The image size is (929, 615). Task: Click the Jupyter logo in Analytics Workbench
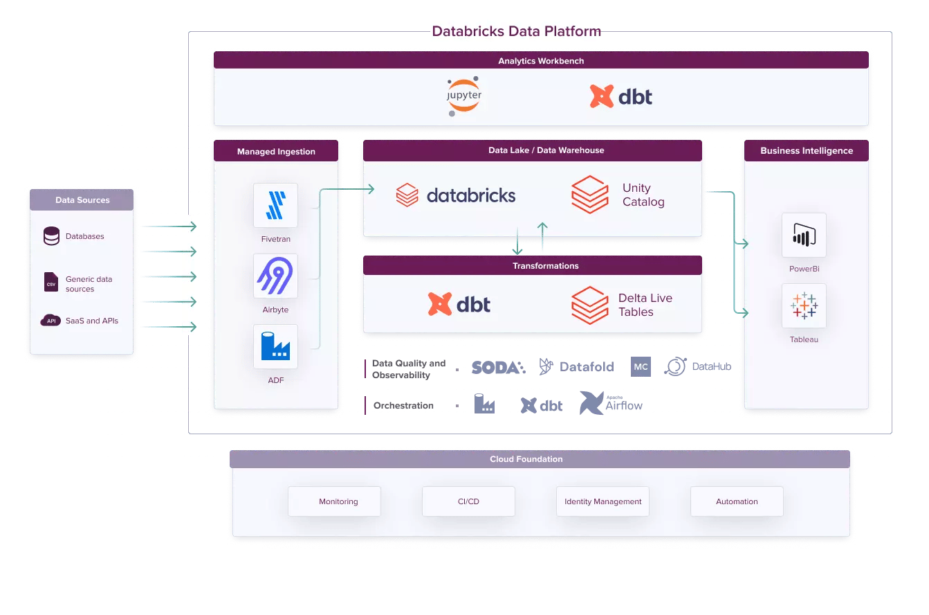tap(464, 96)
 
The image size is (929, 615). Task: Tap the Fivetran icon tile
tap(276, 205)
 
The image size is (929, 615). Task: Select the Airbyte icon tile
tap(276, 276)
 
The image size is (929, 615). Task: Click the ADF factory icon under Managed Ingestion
tap(276, 346)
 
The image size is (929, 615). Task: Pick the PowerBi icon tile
tap(804, 235)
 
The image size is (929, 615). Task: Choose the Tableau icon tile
tap(804, 305)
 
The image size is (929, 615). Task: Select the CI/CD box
tap(468, 501)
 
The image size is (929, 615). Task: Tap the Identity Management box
tap(603, 501)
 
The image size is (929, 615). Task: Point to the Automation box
tap(737, 501)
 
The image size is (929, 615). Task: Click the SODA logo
tap(499, 367)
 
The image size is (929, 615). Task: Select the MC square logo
tap(641, 366)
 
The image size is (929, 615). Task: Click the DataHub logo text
tap(712, 366)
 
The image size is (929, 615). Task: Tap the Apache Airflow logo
tap(611, 403)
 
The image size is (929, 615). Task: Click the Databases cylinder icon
tap(51, 236)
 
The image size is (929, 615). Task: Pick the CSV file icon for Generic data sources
tap(51, 282)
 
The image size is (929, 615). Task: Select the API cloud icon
tap(50, 320)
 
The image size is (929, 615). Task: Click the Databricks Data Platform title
tap(516, 31)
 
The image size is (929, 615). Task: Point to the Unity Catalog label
tap(643, 195)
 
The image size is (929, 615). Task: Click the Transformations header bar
tap(533, 265)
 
